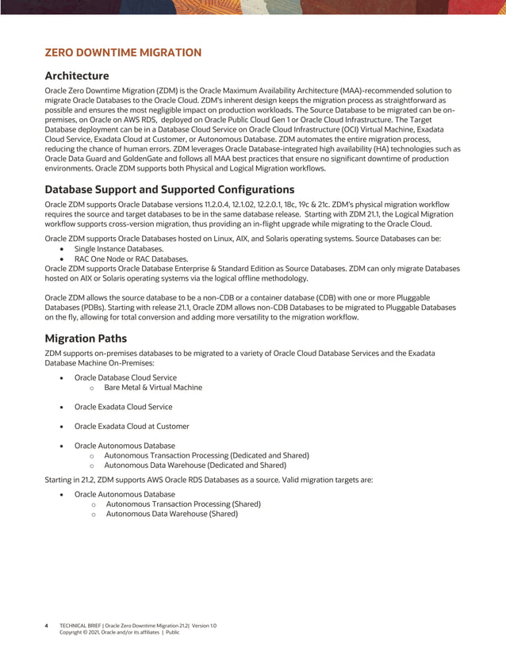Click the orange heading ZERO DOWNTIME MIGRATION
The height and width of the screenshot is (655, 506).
tap(123, 53)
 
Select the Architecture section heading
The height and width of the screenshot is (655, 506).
tap(77, 76)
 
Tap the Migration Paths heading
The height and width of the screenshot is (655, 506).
tap(86, 338)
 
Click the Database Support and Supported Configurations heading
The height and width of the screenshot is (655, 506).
tap(170, 190)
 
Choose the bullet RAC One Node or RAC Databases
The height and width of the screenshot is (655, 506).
tap(131, 259)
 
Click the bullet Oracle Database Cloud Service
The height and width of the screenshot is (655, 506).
tap(125, 377)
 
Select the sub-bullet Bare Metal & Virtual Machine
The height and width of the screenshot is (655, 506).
tap(153, 388)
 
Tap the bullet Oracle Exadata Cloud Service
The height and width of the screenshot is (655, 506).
tap(123, 407)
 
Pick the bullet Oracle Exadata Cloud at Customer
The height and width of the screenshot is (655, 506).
tap(132, 426)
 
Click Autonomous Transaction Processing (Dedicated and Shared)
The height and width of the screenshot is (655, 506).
tap(206, 455)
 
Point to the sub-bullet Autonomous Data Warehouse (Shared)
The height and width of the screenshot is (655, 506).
tap(171, 514)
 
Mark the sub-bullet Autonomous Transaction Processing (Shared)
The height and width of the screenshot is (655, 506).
tap(183, 504)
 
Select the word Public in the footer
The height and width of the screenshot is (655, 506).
tap(172, 633)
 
